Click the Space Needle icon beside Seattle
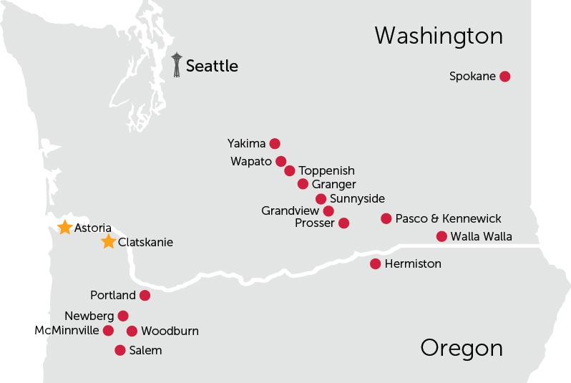tap(177, 64)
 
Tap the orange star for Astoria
tap(64, 227)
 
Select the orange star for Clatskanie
tap(108, 242)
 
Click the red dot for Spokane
tap(504, 76)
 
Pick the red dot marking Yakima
tap(275, 143)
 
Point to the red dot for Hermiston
tap(375, 263)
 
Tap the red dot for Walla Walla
tap(441, 236)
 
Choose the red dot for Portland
tap(145, 295)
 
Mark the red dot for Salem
tap(120, 350)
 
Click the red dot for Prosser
tap(343, 223)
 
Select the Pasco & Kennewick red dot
tap(386, 218)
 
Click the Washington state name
tap(439, 36)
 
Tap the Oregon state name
tap(462, 348)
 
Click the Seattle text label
tap(212, 66)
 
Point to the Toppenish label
tap(326, 170)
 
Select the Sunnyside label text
tap(357, 198)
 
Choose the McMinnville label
tap(67, 330)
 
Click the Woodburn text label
tap(170, 331)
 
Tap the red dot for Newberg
tap(123, 316)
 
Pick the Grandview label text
tap(290, 210)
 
